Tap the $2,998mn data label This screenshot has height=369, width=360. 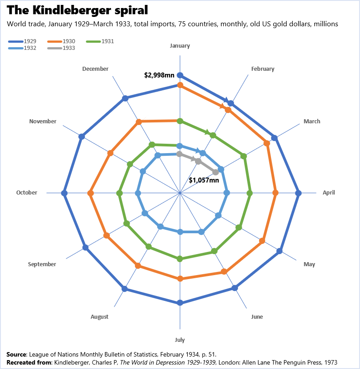coord(159,75)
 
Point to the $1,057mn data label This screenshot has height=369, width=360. coord(204,180)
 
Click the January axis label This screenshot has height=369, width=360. coord(180,45)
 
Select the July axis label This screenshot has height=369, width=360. coord(180,340)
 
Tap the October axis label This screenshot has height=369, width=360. coord(27,193)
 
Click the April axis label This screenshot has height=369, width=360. coord(329,193)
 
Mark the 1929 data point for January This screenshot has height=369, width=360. coord(180,75)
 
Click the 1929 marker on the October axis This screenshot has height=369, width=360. coord(64,193)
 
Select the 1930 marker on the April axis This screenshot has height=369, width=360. coord(275,193)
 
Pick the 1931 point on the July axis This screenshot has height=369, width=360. coord(180,259)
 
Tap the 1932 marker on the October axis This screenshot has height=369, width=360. coord(138,193)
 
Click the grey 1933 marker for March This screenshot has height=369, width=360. coord(215,172)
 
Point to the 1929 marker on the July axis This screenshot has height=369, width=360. coord(180,303)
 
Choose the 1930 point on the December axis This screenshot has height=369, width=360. coord(138,122)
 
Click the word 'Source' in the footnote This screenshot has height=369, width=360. coord(16,354)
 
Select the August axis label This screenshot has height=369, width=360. coord(99,317)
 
